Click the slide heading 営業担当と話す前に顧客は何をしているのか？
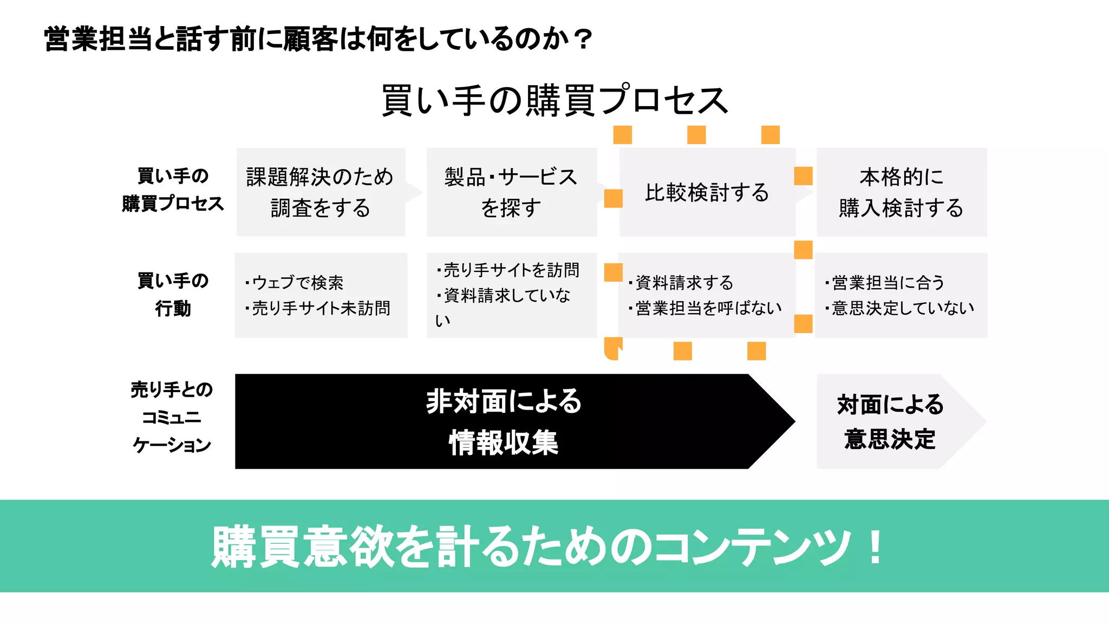[318, 39]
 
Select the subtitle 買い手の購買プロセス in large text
[554, 101]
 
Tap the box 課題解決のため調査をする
[321, 192]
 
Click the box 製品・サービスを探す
[511, 192]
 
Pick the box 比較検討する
[707, 192]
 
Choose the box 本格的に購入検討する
[901, 192]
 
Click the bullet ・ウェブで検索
[295, 282]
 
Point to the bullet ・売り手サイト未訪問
[318, 308]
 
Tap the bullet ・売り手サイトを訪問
[509, 270]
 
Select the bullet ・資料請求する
[682, 282]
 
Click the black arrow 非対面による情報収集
[504, 421]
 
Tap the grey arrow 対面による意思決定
[890, 421]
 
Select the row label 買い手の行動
[173, 295]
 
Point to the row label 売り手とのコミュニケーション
[172, 417]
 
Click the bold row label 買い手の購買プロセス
[173, 190]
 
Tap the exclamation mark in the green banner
[875, 547]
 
